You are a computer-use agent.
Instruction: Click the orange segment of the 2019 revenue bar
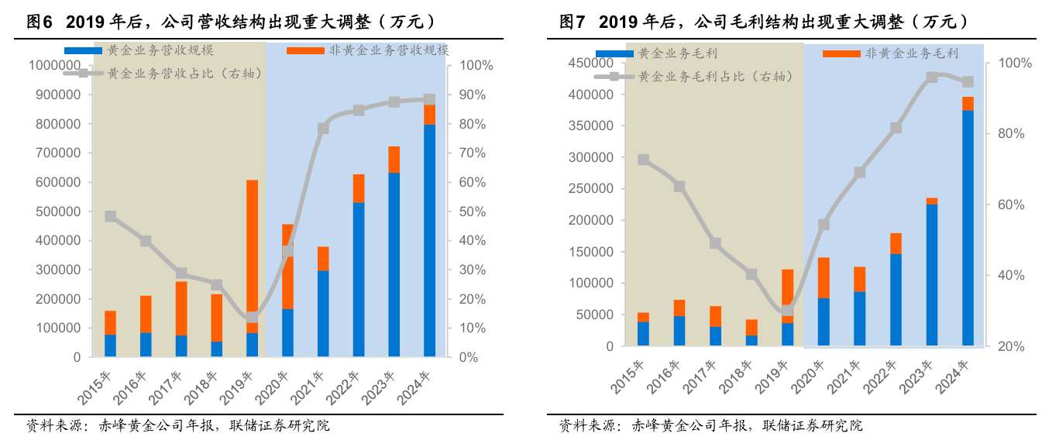tap(253, 256)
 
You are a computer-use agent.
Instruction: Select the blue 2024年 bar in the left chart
tap(429, 240)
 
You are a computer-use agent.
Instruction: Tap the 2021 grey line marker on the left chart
tap(323, 129)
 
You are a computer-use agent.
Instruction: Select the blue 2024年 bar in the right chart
tap(968, 228)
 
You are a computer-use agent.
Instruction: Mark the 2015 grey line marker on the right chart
tap(643, 160)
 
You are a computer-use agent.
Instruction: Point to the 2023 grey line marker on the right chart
tap(932, 77)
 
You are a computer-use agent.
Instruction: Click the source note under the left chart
tap(178, 425)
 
